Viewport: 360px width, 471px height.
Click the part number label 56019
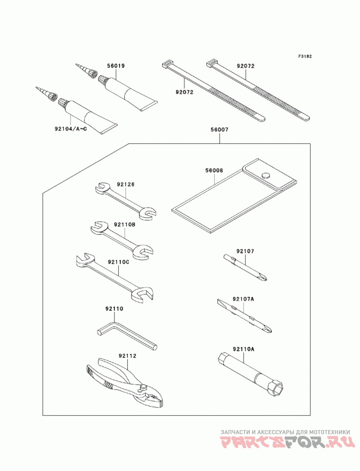116,66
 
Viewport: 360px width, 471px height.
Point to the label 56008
214,170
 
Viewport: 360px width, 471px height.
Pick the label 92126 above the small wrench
126,184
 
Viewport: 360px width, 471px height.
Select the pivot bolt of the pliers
144,387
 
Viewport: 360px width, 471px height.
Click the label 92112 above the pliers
127,356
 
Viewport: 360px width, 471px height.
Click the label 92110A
244,349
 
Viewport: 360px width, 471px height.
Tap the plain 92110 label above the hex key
114,309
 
